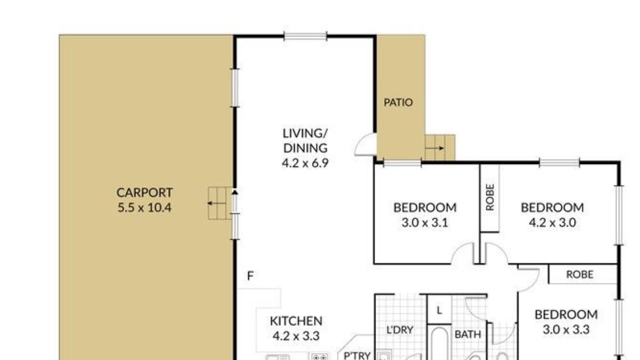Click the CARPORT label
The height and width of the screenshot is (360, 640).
(144, 192)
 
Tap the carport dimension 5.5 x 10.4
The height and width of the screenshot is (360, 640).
(144, 207)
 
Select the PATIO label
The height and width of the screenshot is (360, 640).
(398, 102)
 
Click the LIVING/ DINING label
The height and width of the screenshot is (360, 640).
(305, 140)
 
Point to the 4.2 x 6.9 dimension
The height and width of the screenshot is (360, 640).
(305, 163)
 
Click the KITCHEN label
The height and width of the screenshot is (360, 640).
(296, 321)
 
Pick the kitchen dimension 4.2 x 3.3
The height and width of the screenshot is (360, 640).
(296, 336)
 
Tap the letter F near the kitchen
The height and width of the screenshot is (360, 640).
(250, 276)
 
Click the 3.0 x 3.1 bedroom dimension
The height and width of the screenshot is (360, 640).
(425, 222)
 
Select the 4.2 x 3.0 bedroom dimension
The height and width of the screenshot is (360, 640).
(552, 222)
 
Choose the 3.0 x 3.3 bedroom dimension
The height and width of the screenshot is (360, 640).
(566, 329)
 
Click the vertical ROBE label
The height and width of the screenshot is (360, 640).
(490, 197)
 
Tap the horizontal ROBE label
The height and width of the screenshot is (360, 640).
(580, 274)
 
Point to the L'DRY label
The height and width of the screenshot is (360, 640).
(399, 330)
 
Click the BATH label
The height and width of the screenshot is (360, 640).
(467, 334)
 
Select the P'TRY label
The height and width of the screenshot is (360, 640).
(357, 355)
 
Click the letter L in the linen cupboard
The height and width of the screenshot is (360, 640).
(439, 310)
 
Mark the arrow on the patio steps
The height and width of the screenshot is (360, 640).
(435, 148)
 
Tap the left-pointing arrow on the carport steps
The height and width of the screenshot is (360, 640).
(216, 203)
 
